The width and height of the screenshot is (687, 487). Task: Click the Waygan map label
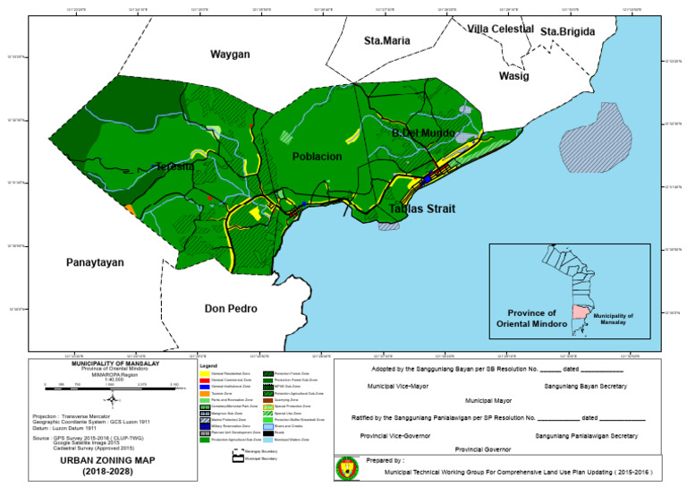tap(230, 55)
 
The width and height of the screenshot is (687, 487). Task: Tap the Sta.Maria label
tap(386, 40)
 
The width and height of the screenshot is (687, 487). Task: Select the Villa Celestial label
tap(500, 30)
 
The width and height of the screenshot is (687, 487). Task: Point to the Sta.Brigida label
tap(567, 31)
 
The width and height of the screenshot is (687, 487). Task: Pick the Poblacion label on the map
tap(317, 157)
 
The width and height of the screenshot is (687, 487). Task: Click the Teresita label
tap(174, 167)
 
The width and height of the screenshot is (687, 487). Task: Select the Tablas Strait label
tap(421, 209)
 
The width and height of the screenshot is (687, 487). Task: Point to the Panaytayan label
tap(94, 262)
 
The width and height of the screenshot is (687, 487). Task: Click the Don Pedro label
tap(231, 309)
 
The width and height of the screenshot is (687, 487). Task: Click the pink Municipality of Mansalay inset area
tap(580, 314)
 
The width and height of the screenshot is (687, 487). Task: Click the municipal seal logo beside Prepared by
tap(346, 468)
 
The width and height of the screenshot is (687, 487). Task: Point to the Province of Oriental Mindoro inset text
tap(531, 318)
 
